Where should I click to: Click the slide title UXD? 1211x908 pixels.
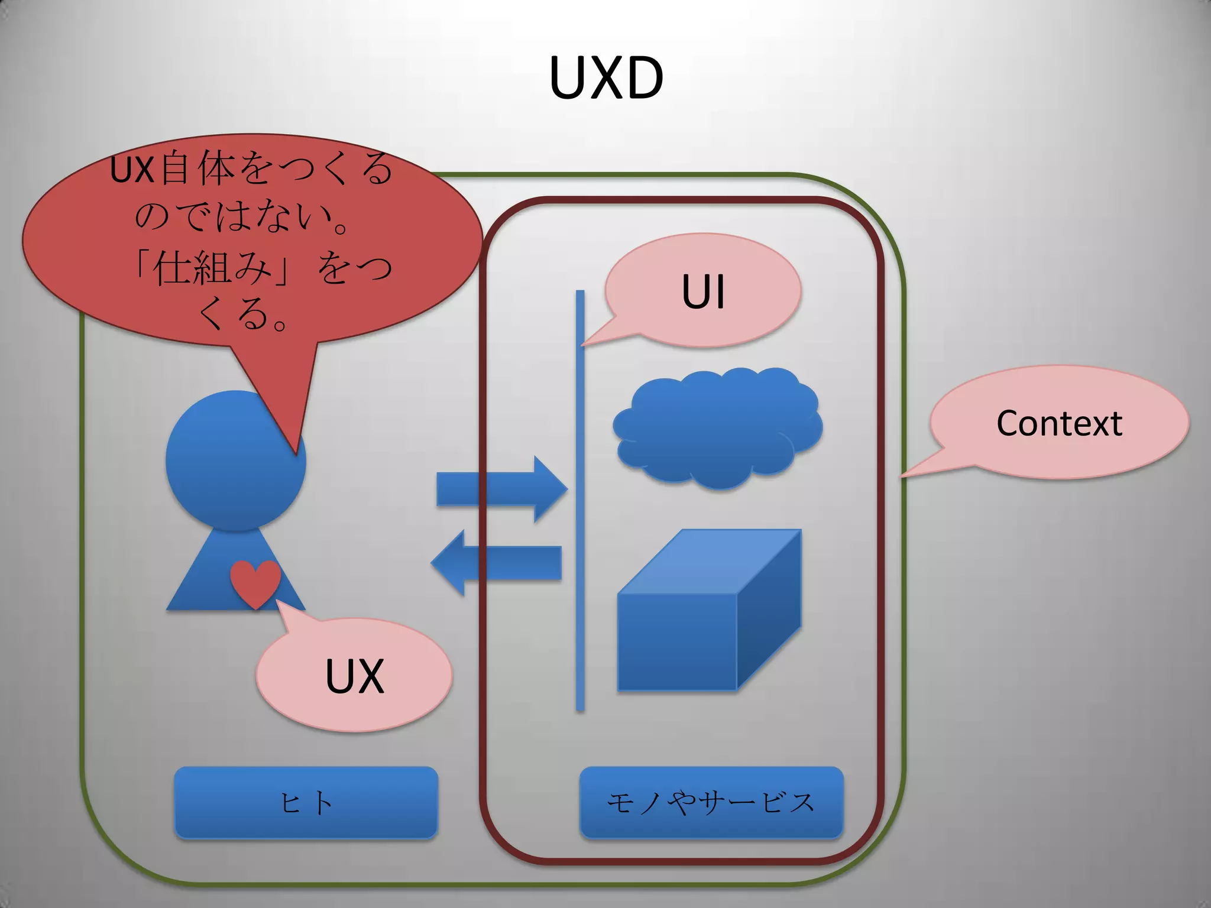coord(606,78)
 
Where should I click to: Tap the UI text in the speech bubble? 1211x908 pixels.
coord(703,291)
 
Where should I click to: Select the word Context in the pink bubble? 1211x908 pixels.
coord(1059,423)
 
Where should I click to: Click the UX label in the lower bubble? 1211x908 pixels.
coord(355,676)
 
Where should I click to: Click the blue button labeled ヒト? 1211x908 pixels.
coord(306,802)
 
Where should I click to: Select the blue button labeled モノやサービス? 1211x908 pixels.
coord(711,802)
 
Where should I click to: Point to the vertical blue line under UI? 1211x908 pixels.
coord(580,532)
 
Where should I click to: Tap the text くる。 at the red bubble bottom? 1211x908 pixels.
coord(242,313)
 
